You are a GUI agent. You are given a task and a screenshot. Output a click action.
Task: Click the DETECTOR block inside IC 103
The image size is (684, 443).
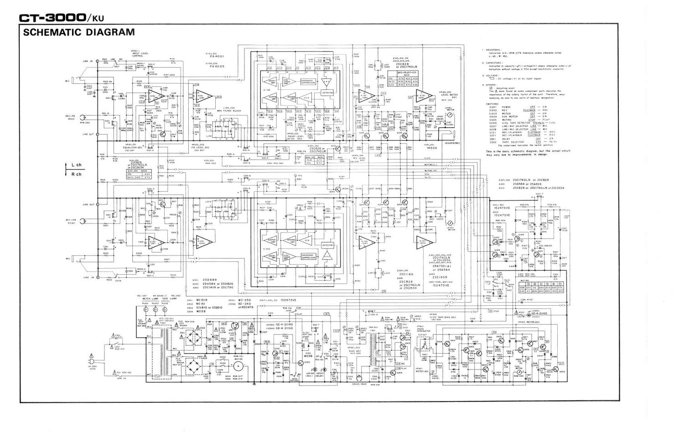327,92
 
